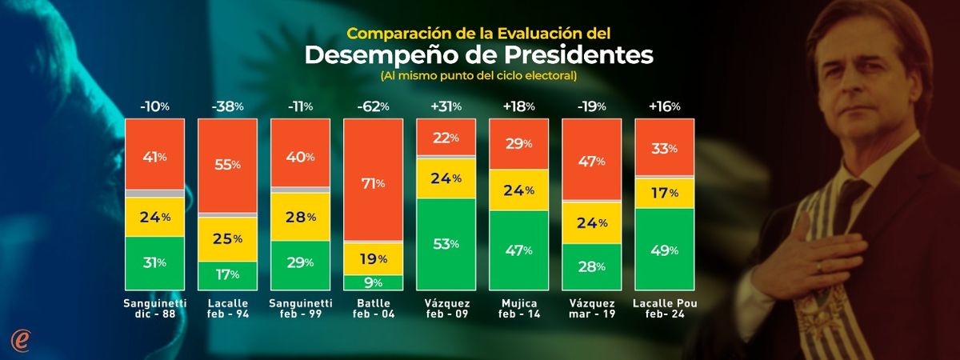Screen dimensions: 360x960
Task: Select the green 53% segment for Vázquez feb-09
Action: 446,244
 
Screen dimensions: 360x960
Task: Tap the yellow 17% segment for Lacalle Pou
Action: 663,192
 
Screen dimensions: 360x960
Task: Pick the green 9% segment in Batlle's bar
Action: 373,282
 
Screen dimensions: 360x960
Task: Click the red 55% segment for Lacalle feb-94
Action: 228,166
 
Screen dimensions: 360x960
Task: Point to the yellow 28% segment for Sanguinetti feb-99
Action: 300,217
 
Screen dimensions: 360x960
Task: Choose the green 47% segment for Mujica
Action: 518,250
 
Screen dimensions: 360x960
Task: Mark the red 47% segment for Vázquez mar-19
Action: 590,160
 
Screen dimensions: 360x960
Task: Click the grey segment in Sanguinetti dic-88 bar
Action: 155,194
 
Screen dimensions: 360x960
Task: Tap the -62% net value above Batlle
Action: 373,106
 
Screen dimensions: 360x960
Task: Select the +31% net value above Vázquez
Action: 446,106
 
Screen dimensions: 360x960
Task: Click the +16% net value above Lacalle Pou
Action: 663,106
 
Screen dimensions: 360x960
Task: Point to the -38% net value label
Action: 228,106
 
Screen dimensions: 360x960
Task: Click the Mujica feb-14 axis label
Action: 518,310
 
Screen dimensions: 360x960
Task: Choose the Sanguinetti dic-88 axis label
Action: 155,310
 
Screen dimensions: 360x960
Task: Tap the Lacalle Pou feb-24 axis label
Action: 663,310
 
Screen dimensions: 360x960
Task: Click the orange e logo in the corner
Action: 21,339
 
